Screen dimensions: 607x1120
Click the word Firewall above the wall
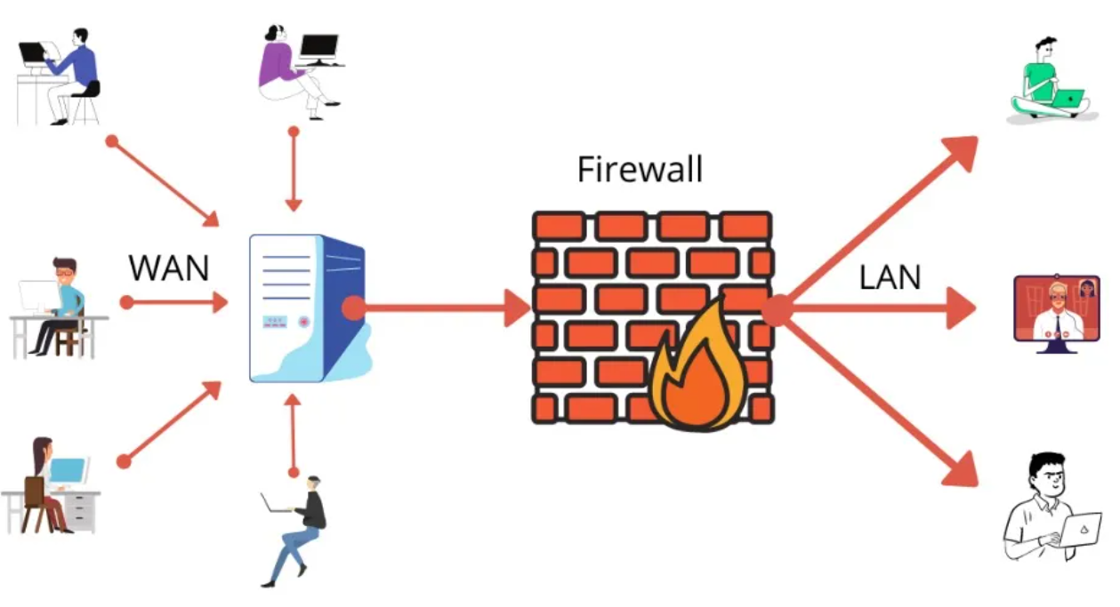click(x=640, y=169)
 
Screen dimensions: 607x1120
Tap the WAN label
click(x=169, y=267)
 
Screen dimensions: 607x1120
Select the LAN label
click(x=890, y=277)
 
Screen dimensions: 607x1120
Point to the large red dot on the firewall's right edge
click(x=777, y=310)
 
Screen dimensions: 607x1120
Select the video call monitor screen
click(x=1057, y=308)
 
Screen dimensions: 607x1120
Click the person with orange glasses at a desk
click(x=58, y=307)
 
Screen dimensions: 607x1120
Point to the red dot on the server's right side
click(x=353, y=308)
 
